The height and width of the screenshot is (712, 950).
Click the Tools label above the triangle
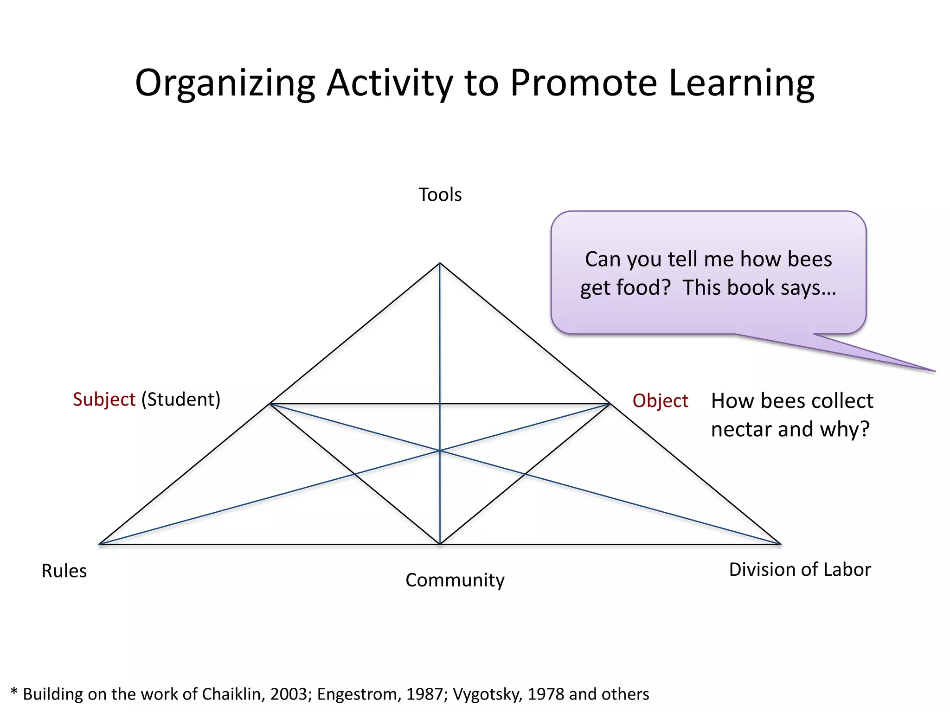[440, 195]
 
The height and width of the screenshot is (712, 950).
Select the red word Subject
[104, 400]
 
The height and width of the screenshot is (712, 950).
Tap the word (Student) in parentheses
[181, 400]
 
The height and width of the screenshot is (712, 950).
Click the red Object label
[660, 401]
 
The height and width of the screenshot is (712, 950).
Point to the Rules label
[64, 571]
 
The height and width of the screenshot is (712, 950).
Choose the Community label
[455, 580]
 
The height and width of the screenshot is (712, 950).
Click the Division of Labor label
[800, 570]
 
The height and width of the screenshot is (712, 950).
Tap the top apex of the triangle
[440, 263]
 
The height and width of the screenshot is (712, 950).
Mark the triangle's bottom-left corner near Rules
[100, 544]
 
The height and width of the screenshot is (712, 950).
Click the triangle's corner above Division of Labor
[780, 544]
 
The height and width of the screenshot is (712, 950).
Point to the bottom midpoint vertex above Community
[440, 544]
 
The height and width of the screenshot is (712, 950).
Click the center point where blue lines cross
[440, 450]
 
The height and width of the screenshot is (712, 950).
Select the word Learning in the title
[741, 83]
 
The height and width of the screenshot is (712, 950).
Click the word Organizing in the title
[225, 83]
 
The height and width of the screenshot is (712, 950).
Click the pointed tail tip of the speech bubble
[934, 371]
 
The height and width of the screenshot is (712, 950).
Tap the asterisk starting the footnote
[14, 693]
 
